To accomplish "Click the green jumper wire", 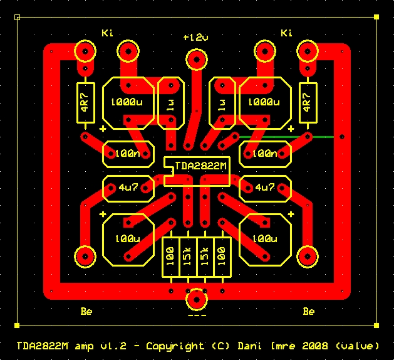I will pyautogui.click(x=288, y=136).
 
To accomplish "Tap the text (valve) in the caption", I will pyautogui.click(x=356, y=346).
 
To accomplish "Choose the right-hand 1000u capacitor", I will pyautogui.click(x=264, y=102).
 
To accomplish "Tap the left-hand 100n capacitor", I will pyautogui.click(x=128, y=153).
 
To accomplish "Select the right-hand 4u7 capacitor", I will pyautogui.click(x=265, y=187).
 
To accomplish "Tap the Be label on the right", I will pyautogui.click(x=308, y=311).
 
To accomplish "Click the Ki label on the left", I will pyautogui.click(x=107, y=33).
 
